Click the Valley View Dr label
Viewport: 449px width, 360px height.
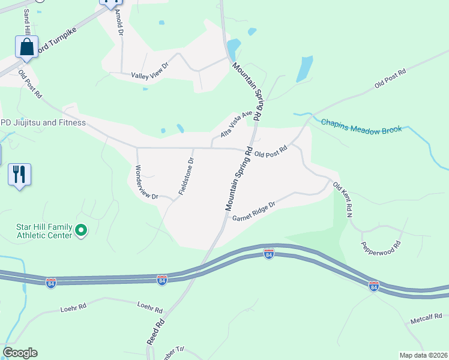click(150, 74)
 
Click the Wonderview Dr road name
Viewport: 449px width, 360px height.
click(146, 182)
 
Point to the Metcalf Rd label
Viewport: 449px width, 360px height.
click(426, 316)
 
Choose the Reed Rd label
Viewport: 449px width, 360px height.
click(155, 332)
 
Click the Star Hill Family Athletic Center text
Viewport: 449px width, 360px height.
click(44, 231)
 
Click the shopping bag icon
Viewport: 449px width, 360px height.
click(26, 47)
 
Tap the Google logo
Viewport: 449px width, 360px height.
click(20, 353)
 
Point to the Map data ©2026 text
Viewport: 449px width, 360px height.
click(423, 355)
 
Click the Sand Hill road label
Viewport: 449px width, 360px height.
click(27, 20)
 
